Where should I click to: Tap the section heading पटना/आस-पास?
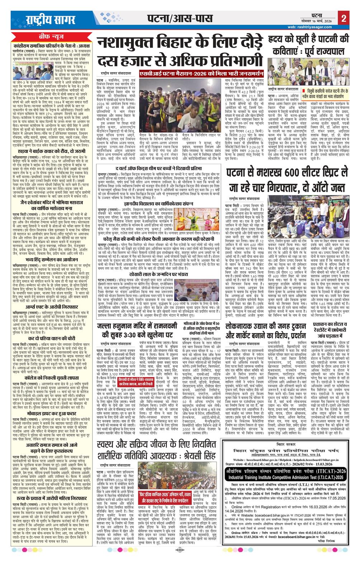180,18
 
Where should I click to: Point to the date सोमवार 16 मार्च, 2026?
321,22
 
